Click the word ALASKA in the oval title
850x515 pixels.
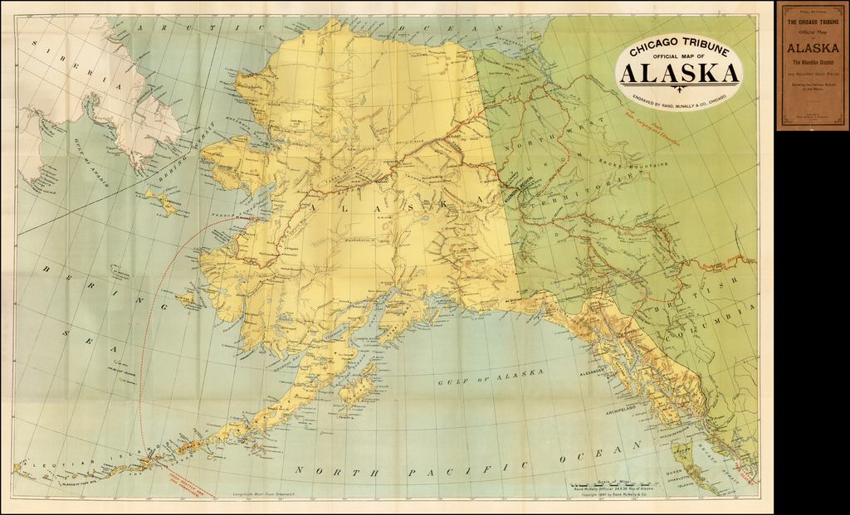click(x=679, y=75)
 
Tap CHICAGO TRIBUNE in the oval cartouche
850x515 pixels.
click(x=678, y=48)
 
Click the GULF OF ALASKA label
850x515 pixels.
click(x=491, y=377)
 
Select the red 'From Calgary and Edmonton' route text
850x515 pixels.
click(x=651, y=119)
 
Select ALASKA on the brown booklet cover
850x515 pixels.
click(x=812, y=48)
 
